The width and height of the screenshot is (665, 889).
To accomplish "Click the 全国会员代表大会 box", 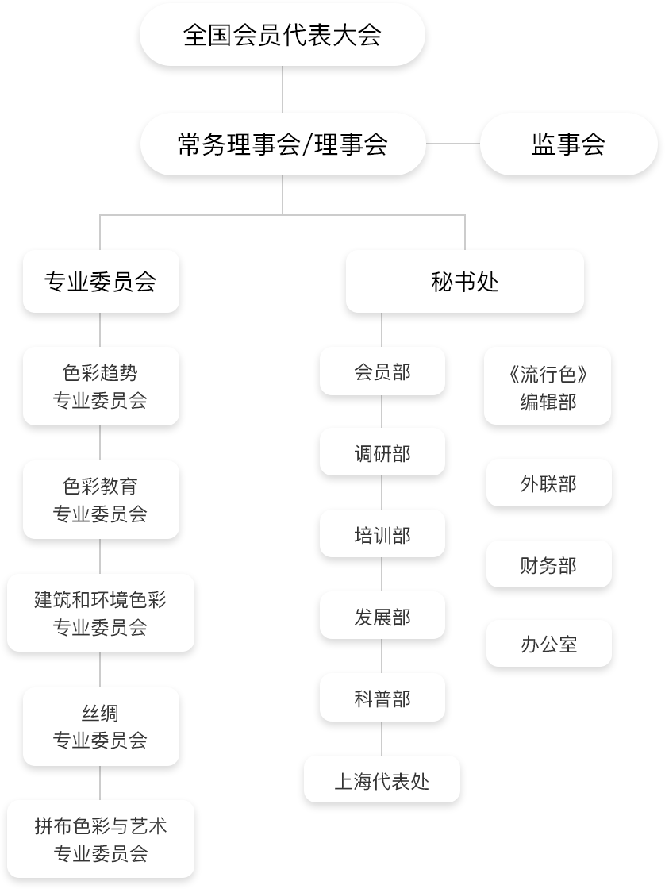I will [x=283, y=36].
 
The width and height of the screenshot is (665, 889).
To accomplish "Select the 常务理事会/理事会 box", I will [x=283, y=144].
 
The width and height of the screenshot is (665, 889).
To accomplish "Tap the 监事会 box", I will [x=568, y=144].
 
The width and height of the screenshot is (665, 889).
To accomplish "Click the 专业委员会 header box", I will [x=101, y=282].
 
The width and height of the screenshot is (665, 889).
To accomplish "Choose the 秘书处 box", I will [x=465, y=282].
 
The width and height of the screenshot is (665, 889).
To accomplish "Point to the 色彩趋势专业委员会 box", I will [x=101, y=387].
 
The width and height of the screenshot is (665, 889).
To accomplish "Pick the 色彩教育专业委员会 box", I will [x=101, y=499].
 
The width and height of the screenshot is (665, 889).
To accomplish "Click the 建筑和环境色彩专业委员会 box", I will [x=101, y=613].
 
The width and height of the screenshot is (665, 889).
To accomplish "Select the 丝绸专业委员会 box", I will [x=101, y=726].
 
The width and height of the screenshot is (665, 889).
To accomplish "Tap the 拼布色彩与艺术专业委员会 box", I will [x=101, y=840].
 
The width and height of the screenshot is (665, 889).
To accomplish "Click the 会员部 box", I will [x=382, y=371].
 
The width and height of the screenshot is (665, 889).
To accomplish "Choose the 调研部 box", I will [x=382, y=453].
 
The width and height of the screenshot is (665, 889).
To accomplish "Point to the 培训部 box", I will [x=382, y=535].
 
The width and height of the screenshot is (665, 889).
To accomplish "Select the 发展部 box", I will [x=382, y=617].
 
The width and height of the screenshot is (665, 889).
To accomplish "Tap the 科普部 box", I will [x=382, y=698].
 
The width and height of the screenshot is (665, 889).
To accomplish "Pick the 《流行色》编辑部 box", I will [x=548, y=387].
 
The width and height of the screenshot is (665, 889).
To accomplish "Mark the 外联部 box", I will [x=548, y=483].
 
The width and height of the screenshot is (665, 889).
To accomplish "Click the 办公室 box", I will [x=548, y=644].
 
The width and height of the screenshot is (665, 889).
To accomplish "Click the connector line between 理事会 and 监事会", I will [x=454, y=144].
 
